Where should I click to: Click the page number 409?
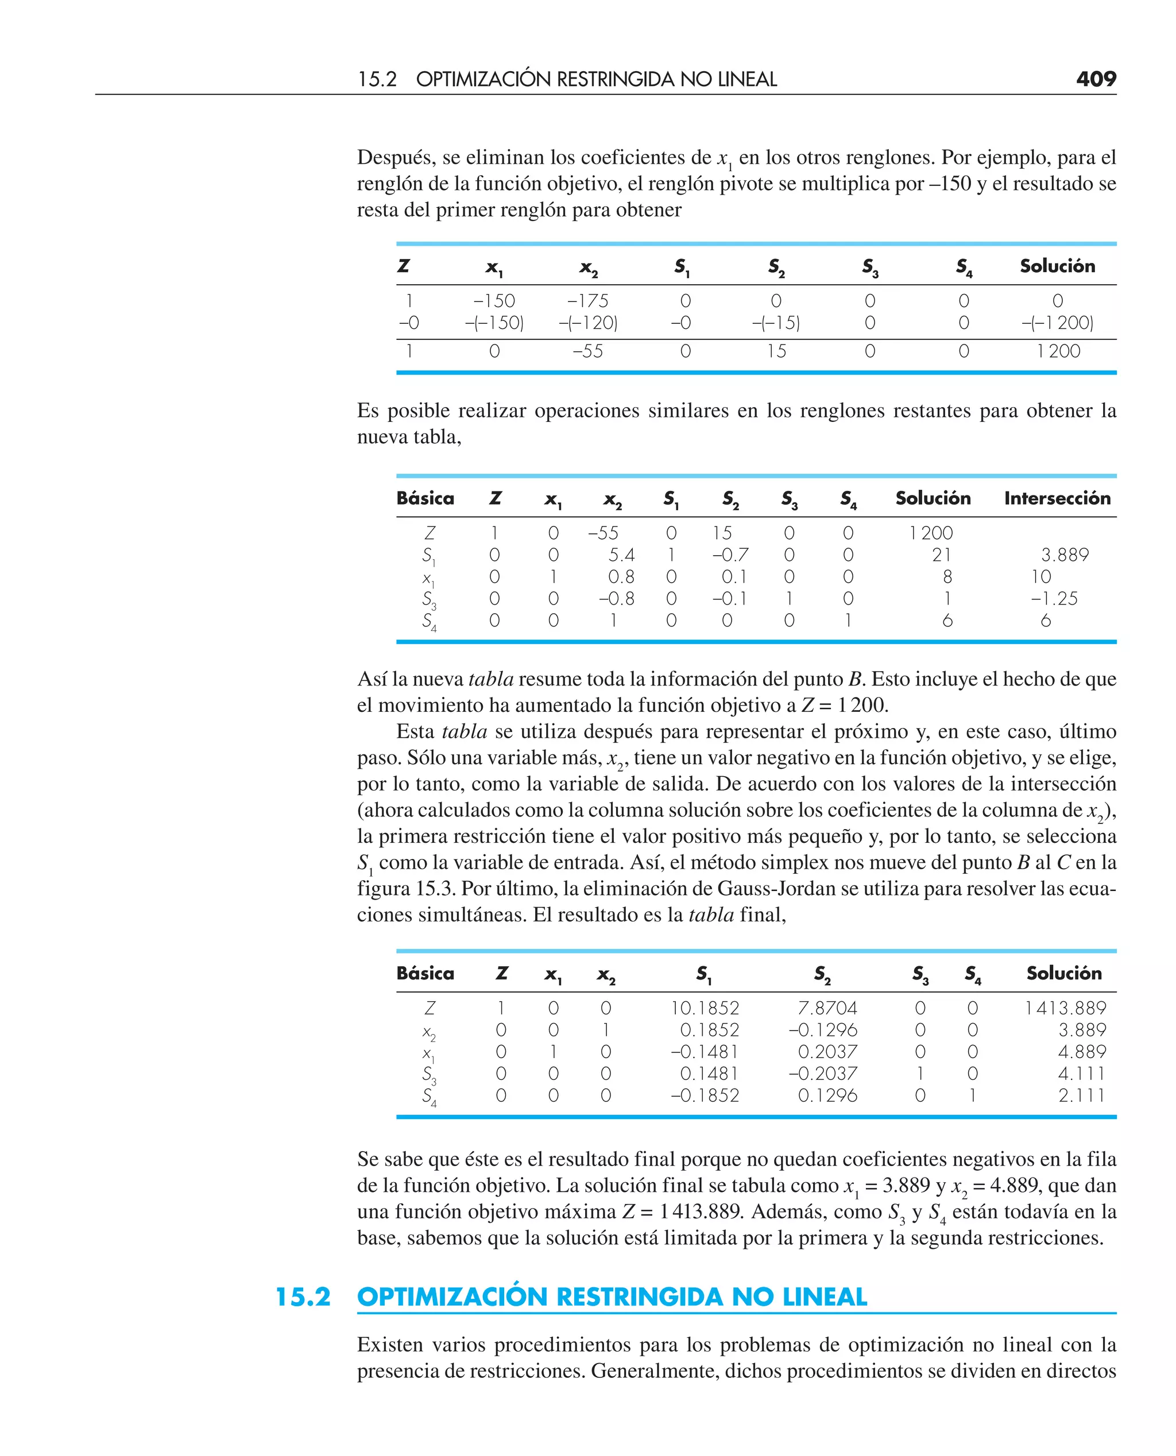point(1096,79)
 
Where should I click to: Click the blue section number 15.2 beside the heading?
point(303,1297)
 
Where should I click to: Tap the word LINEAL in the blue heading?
point(825,1297)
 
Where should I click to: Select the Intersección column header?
point(1057,498)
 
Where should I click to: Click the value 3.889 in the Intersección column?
point(1064,555)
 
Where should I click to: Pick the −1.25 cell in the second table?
point(1053,599)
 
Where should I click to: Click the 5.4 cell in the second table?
point(621,555)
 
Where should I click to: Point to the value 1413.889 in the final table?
point(1065,1008)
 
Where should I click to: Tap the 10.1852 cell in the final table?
point(705,1008)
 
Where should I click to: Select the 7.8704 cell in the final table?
point(827,1008)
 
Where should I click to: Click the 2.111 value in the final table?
point(1082,1095)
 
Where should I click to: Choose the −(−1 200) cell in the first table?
point(1057,323)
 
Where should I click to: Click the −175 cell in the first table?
point(587,301)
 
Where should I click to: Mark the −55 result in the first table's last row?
point(587,351)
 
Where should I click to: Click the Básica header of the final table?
point(425,973)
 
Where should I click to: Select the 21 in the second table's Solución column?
point(941,555)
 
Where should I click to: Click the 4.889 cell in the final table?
point(1082,1052)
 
